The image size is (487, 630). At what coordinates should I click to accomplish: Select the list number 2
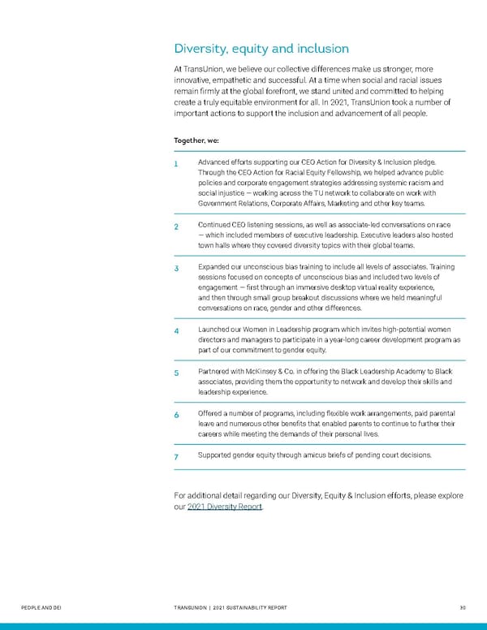tap(178, 226)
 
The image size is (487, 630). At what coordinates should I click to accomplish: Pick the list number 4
tap(178, 331)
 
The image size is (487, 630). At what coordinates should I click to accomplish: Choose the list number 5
tap(178, 373)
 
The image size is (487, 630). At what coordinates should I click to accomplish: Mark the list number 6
tap(178, 415)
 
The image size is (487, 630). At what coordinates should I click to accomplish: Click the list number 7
tap(178, 457)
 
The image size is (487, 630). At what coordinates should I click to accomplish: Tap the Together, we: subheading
tap(196, 140)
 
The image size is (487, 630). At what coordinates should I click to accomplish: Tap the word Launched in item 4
tap(216, 330)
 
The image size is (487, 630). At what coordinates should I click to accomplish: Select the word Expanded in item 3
tap(216, 266)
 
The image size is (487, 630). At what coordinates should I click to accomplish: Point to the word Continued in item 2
tap(218, 224)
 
